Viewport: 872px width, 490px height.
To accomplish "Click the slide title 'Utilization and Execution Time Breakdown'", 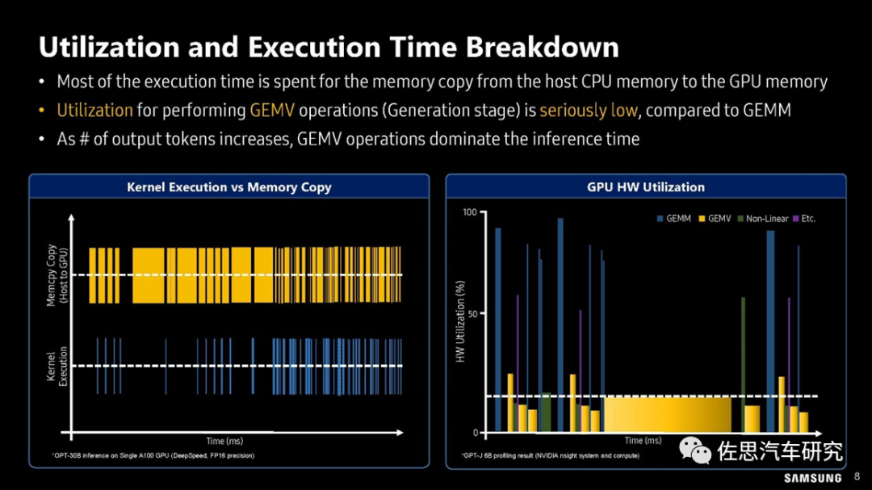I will (329, 47).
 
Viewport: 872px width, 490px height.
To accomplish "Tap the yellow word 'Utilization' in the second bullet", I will (94, 110).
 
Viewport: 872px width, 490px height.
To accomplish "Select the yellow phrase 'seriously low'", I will (588, 110).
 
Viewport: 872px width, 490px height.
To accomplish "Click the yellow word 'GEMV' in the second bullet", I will (272, 110).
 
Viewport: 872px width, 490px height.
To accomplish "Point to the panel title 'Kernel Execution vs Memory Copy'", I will (229, 187).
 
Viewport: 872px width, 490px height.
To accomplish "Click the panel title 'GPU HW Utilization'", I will (645, 187).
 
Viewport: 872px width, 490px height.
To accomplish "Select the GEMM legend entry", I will (673, 219).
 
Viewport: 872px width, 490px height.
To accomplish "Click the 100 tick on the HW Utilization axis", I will (469, 211).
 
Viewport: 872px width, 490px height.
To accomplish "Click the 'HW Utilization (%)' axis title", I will (460, 321).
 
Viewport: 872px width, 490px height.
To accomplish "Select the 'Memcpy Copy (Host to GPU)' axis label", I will (57, 275).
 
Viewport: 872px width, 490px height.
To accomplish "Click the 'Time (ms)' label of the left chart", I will (224, 442).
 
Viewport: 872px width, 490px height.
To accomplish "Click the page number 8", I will (857, 477).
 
